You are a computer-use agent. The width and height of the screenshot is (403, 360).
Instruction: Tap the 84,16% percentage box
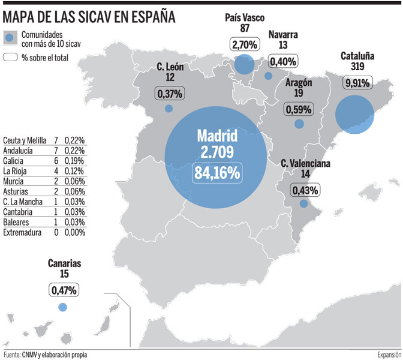click(216, 173)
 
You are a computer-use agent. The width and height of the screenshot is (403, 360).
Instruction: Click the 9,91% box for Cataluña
click(358, 82)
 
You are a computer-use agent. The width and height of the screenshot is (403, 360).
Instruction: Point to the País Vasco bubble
click(244, 65)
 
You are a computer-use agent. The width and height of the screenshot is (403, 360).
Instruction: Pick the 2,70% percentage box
click(243, 44)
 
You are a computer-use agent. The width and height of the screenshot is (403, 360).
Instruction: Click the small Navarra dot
click(268, 76)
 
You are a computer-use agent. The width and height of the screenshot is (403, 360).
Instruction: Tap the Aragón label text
click(298, 83)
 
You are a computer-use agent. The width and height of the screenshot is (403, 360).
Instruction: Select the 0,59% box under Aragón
click(297, 110)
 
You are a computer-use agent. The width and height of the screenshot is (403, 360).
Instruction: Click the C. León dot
click(169, 109)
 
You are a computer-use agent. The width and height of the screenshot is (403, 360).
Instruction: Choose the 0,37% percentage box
click(170, 94)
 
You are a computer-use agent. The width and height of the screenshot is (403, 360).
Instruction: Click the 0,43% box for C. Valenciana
click(305, 190)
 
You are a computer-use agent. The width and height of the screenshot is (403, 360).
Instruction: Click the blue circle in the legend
click(9, 38)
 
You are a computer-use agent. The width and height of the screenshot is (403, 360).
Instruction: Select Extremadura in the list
click(22, 232)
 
